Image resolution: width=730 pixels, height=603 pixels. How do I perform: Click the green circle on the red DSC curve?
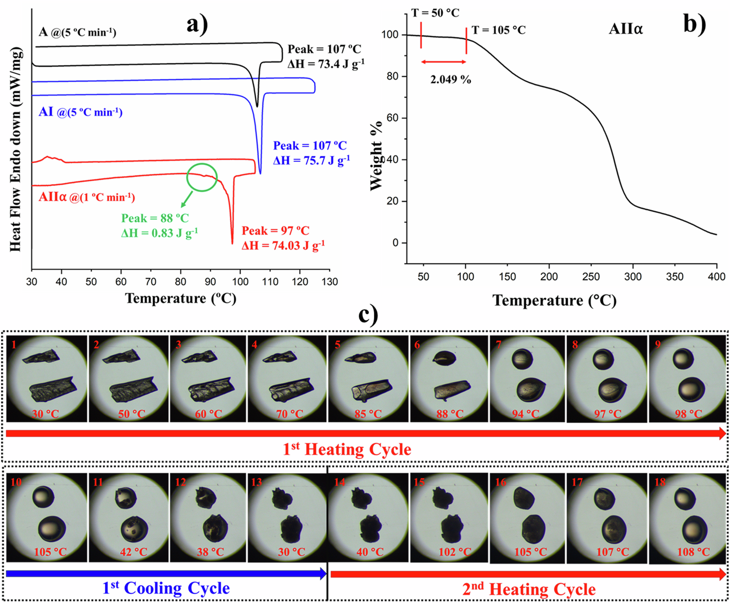(x=202, y=177)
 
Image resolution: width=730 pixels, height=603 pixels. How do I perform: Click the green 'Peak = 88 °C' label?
(x=155, y=218)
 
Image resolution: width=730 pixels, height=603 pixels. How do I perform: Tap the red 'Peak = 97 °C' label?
(x=275, y=231)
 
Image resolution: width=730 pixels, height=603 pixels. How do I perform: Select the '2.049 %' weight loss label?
(x=451, y=79)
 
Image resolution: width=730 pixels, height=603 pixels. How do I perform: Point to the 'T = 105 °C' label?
(x=498, y=30)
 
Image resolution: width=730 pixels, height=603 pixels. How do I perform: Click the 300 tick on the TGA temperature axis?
(x=633, y=277)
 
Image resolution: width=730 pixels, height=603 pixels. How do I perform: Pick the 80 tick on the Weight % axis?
(x=390, y=76)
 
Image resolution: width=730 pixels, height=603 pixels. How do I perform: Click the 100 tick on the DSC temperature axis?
(x=240, y=281)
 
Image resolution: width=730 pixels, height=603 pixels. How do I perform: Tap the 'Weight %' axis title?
(x=376, y=156)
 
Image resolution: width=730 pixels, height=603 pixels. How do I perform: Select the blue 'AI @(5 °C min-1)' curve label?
(x=80, y=112)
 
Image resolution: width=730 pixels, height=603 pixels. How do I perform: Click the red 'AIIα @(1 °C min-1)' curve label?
(x=86, y=197)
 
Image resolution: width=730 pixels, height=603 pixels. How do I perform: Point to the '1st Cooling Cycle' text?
(x=166, y=588)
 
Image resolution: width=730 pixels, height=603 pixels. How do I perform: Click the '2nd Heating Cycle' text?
(x=529, y=589)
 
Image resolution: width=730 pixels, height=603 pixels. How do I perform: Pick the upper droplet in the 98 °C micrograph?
(x=683, y=359)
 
